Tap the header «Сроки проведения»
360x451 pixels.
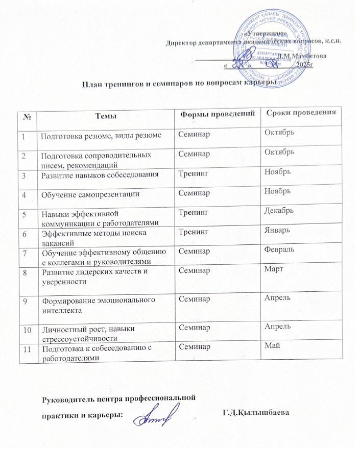point(300,112)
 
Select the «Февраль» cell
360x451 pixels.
point(279,248)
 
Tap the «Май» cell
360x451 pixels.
point(269,347)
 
